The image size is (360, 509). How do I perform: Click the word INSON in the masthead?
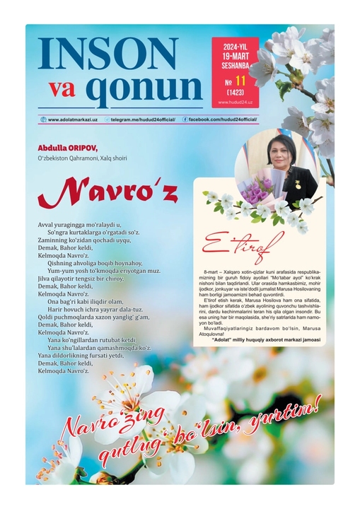pos(108,54)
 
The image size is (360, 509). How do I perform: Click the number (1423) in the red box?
pos(236,93)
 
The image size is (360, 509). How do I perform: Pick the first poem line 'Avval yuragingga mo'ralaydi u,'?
pos(79,224)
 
